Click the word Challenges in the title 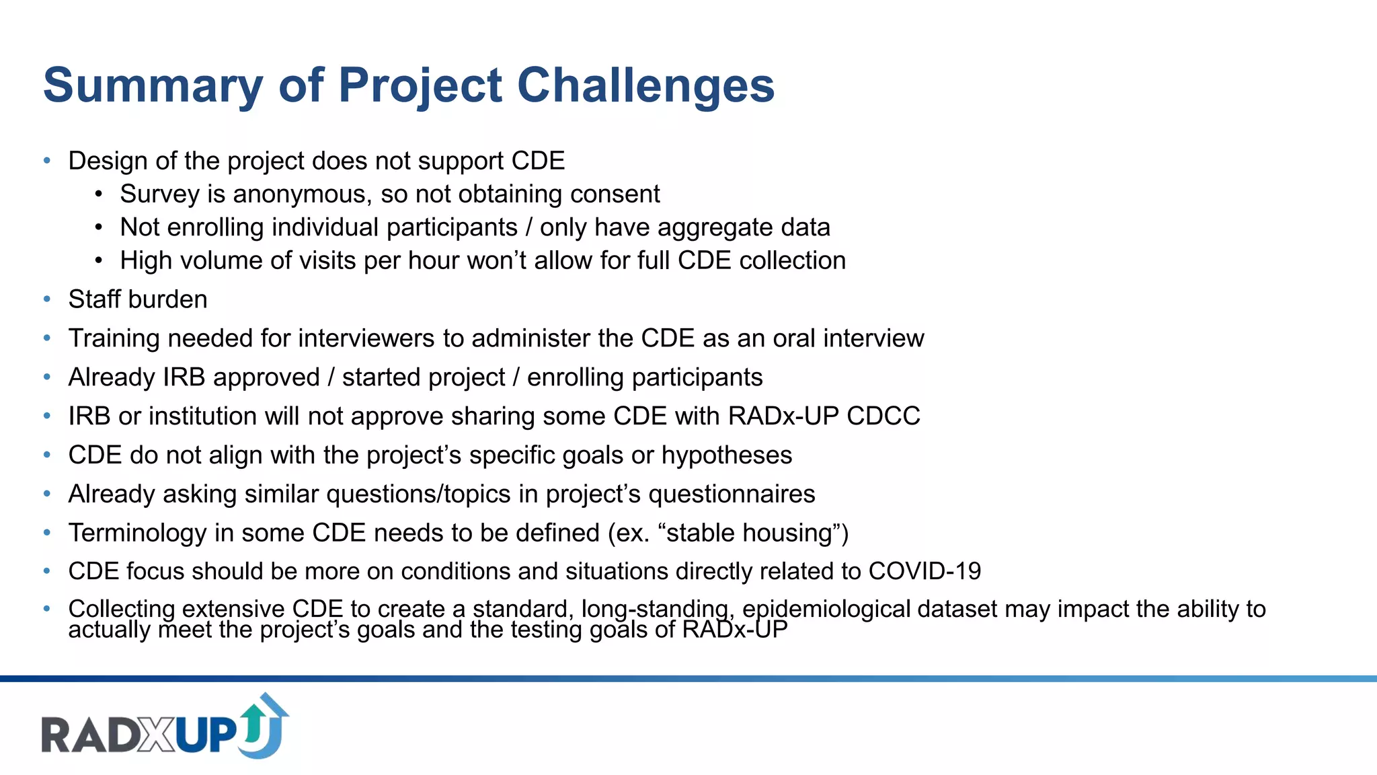pos(645,85)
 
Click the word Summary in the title pos(153,85)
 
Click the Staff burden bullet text pos(138,299)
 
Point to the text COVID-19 pos(924,572)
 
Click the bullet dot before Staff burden pos(47,299)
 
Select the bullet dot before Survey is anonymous pos(99,194)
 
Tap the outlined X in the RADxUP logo pos(157,735)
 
